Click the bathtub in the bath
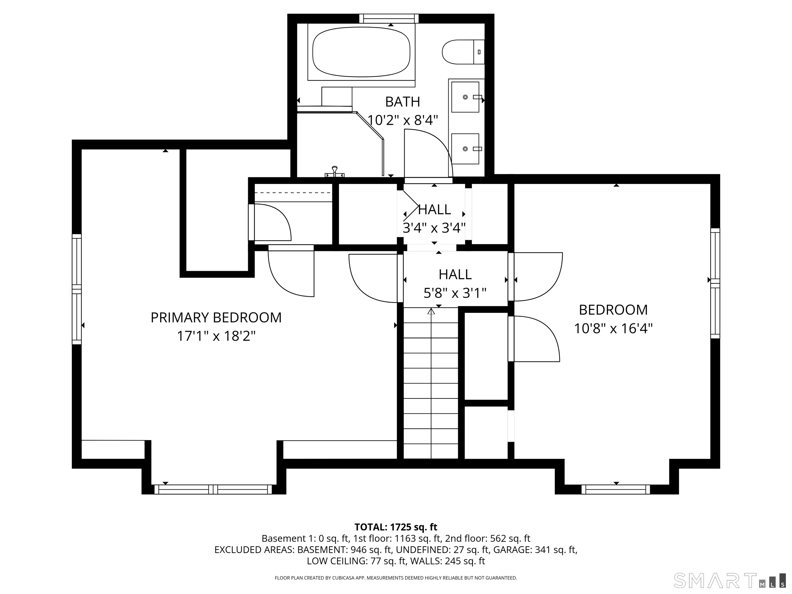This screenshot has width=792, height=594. coord(361,52)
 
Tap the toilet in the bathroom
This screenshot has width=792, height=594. coord(463,52)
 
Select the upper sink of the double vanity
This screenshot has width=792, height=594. coord(465,97)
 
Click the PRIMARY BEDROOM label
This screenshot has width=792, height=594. coord(216,318)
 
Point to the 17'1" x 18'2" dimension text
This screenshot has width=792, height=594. coord(216,336)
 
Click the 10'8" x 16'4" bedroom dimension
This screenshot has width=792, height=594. coord(613,328)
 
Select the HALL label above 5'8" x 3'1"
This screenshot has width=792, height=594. coord(455,275)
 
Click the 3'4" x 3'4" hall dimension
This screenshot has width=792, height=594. coord(434,228)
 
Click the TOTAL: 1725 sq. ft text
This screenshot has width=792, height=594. coord(396,527)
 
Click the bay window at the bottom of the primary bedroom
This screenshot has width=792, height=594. coord(213,489)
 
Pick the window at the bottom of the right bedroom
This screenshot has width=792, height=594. coord(616,489)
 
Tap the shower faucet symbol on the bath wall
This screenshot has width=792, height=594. coord(334,172)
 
